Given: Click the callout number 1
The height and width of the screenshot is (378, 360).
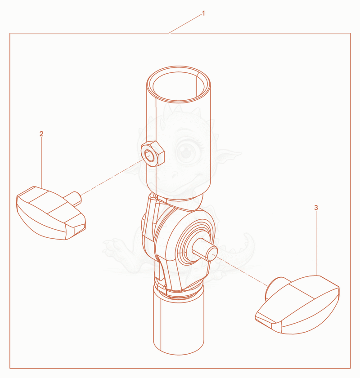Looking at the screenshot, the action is [203, 13].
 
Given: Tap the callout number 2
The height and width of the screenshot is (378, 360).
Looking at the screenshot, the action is [41, 134].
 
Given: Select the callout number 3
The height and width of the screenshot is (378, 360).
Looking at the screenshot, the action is [316, 208].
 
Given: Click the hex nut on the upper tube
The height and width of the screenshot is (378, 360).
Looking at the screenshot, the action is [153, 154].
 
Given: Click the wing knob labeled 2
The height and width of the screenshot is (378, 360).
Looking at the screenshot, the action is [51, 213].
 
